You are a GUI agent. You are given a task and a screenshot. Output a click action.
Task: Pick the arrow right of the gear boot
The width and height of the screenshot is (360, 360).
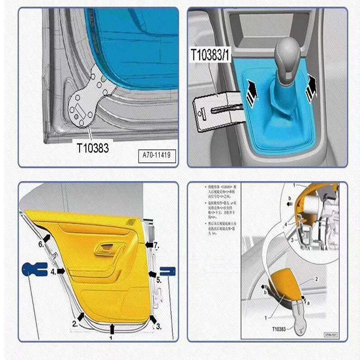311,87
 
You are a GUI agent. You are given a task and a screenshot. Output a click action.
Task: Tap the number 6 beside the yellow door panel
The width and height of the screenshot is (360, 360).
41,244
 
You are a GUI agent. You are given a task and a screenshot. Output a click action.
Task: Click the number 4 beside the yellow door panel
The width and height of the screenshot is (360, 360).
53,272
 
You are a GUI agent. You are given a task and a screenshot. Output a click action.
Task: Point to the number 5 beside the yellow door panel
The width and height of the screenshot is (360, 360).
158,279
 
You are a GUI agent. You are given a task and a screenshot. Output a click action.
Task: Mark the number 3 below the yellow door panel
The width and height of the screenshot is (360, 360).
158,326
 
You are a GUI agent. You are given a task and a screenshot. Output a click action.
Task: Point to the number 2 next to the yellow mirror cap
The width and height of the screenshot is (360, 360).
316,279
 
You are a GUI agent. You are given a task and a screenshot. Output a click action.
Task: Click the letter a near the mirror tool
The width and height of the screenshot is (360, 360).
309,303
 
